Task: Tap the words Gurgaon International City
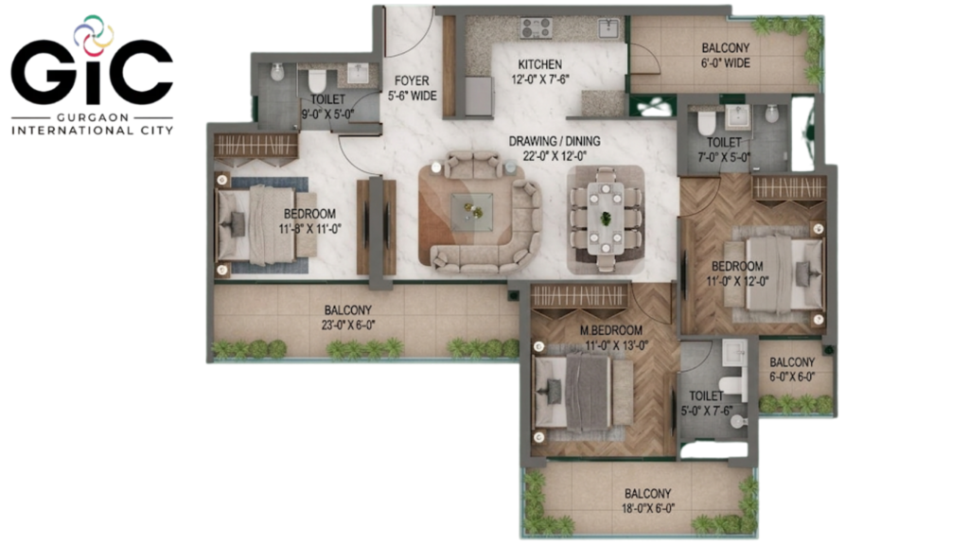[92, 124]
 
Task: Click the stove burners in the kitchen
[537, 27]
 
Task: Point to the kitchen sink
[608, 27]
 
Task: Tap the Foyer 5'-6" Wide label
[412, 88]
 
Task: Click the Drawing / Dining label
[555, 149]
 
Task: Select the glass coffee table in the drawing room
[471, 212]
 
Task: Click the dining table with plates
[606, 219]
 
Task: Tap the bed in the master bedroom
[583, 392]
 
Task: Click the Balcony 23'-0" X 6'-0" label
[348, 318]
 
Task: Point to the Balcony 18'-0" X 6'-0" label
[647, 501]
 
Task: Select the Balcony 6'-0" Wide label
[726, 55]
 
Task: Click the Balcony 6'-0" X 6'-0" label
[792, 370]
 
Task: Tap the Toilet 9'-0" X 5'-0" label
[327, 107]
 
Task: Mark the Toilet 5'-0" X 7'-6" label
[706, 403]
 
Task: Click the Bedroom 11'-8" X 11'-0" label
[309, 221]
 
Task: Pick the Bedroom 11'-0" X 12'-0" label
[737, 273]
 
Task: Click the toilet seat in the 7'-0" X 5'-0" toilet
[706, 122]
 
